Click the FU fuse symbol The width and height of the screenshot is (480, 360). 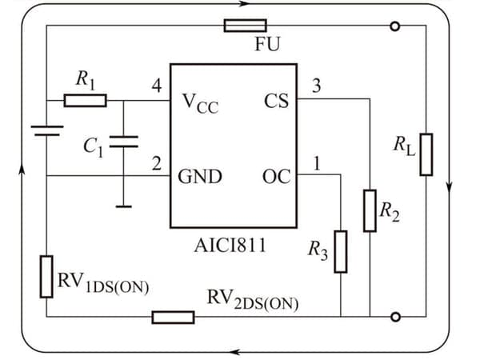coord(246,26)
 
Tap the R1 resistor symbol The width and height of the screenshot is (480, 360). coord(86,101)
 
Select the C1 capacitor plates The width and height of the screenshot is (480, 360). coord(124,142)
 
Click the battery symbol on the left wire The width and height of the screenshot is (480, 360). coord(47,130)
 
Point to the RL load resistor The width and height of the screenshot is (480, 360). coord(426,154)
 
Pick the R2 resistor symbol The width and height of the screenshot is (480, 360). coord(370,210)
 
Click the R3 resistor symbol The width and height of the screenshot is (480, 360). coord(341,252)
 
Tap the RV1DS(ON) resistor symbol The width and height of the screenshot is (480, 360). coord(46,277)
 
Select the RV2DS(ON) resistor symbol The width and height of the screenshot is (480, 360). coord(174,317)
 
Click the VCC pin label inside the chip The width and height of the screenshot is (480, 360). coord(200,103)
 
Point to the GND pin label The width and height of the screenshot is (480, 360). coord(200,177)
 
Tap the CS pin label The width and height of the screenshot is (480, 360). coord(276,101)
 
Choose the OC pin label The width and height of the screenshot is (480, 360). coord(277,177)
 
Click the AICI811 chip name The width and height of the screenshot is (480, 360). coord(230,246)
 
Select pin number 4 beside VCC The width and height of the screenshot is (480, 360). coord(157,86)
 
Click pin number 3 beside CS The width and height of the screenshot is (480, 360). coord(317,86)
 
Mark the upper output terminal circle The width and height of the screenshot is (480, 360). coord(395,26)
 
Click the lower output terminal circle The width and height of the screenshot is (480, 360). coord(395,317)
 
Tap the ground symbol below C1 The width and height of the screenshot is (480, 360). coord(124,206)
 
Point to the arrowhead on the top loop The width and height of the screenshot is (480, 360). coord(245,4)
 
